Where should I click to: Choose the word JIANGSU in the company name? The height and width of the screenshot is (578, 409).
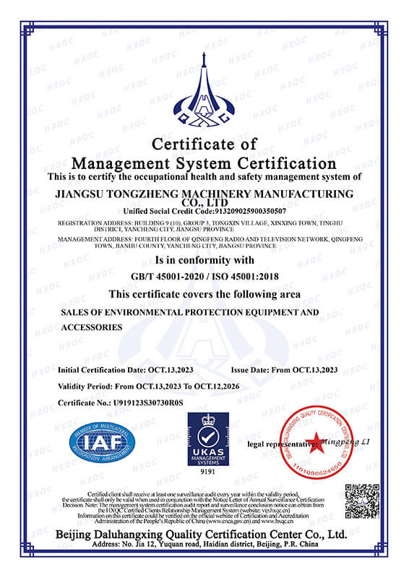pos(80,194)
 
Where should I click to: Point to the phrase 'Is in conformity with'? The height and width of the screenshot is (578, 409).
pos(204,259)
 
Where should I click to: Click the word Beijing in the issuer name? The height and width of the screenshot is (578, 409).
pos(80,534)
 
